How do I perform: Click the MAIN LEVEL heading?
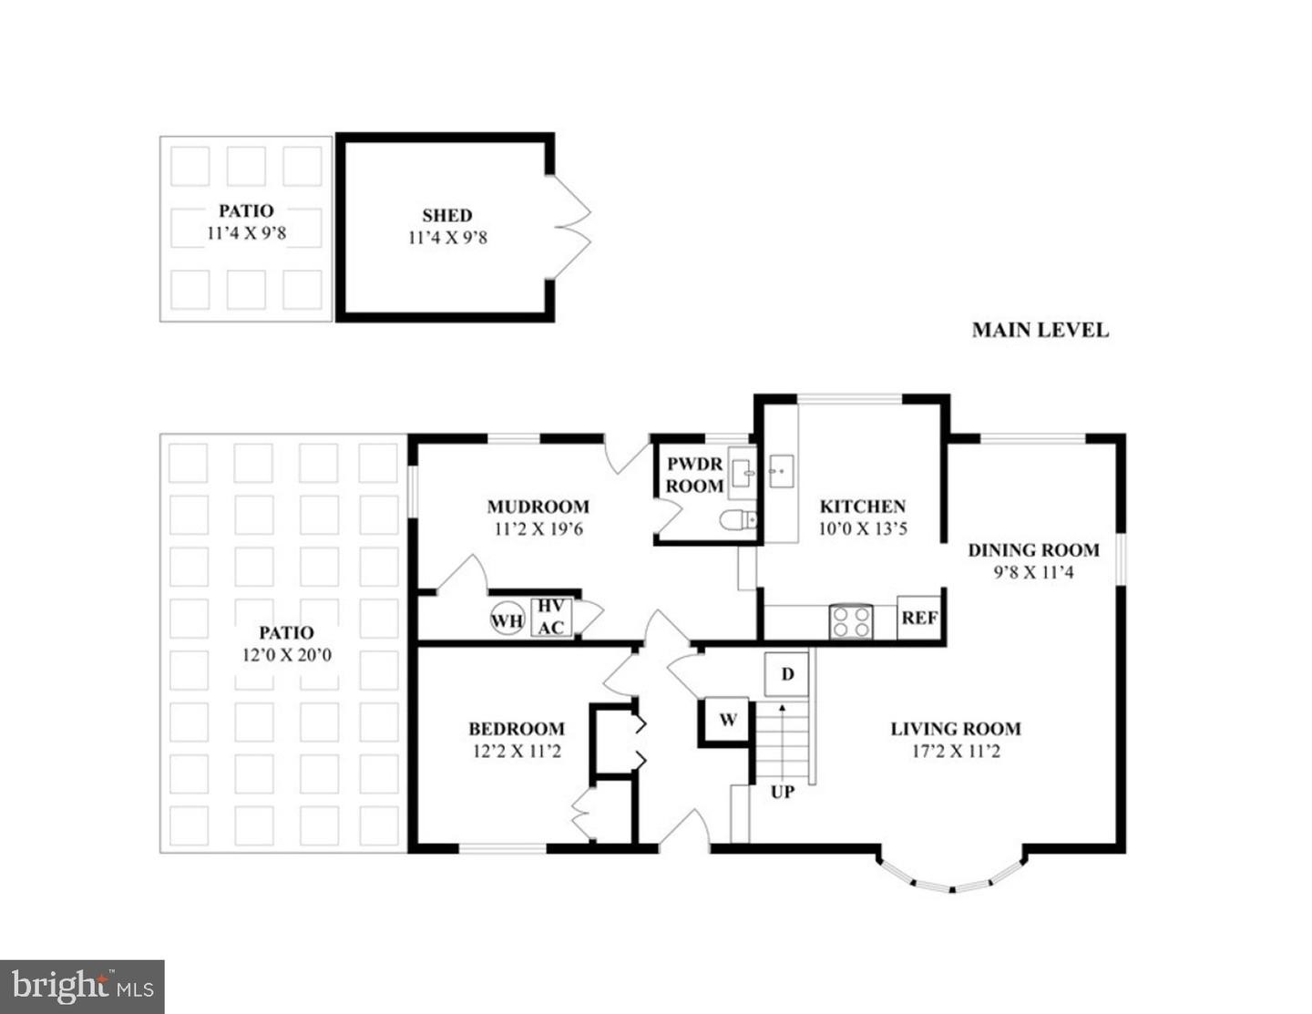coord(1040,330)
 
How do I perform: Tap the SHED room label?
coord(446,216)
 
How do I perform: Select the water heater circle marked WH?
coord(507,620)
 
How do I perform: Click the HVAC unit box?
coord(550,617)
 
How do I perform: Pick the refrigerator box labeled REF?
coord(919,618)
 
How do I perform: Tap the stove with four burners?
coord(850,621)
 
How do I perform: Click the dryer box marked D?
coord(787,674)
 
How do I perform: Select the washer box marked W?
coord(727,721)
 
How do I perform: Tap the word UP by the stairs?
coord(782,792)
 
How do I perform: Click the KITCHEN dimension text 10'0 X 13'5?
coord(862,528)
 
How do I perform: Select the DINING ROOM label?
coord(1033,549)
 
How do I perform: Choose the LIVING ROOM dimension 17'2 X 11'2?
coord(955,751)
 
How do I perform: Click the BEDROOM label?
coord(516,728)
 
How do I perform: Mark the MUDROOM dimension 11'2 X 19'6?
coord(538,528)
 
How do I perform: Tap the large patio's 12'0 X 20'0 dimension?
coord(286,654)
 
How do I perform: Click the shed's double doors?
coord(572,227)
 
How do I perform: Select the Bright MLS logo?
coord(82,987)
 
